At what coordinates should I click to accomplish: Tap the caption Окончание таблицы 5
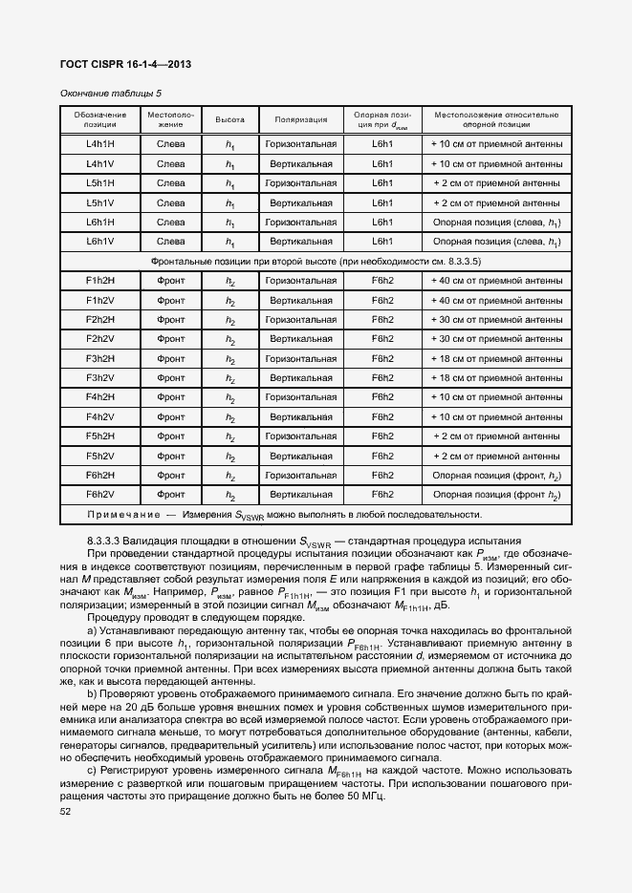[x=110, y=93]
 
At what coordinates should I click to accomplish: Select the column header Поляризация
[x=301, y=120]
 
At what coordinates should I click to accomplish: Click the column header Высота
[x=229, y=120]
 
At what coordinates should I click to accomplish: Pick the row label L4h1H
[x=100, y=144]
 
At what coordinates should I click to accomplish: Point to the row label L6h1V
[x=100, y=242]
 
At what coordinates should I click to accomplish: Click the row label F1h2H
[x=100, y=281]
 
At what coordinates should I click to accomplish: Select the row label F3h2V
[x=100, y=378]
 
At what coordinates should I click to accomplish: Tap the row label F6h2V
[x=100, y=495]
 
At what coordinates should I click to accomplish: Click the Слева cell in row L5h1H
[x=171, y=182]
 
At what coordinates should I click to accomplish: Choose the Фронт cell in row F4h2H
[x=171, y=397]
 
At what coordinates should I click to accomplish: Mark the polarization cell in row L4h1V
[x=301, y=163]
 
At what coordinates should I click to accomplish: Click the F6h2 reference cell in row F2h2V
[x=382, y=339]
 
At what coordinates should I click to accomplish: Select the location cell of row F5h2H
[x=496, y=436]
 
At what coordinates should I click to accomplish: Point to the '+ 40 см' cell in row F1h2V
[x=496, y=300]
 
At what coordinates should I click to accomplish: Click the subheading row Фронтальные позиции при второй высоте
[x=316, y=261]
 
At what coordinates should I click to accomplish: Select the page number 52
[x=66, y=811]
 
